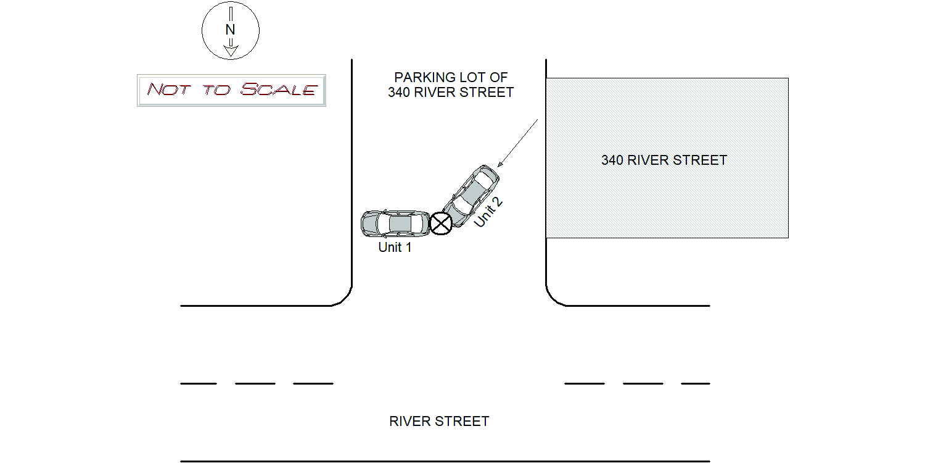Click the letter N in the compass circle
tap(230, 30)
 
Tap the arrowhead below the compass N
tap(230, 51)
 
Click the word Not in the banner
tap(168, 90)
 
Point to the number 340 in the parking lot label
tap(400, 93)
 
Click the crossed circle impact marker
tap(441, 223)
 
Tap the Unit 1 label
tap(395, 248)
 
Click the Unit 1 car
tap(395, 223)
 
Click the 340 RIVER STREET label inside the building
tap(664, 160)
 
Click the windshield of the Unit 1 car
tap(414, 223)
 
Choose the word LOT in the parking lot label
tap(474, 78)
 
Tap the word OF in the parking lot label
tap(499, 78)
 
